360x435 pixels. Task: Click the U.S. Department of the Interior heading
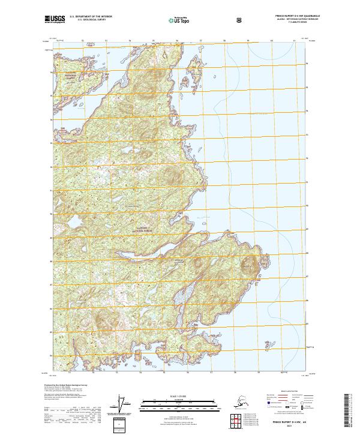coord(91,16)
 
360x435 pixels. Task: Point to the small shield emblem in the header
coord(239,20)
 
